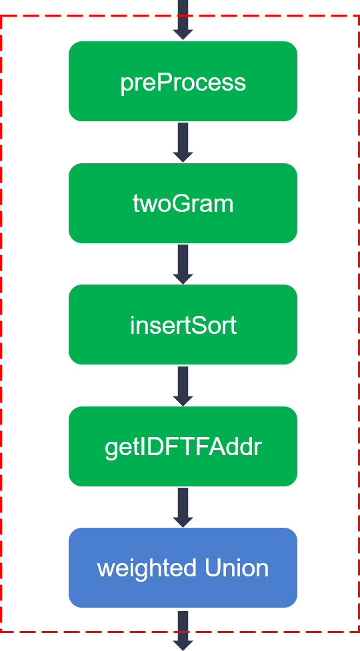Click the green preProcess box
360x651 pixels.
(183, 81)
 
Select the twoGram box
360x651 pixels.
(183, 203)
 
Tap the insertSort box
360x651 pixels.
(183, 325)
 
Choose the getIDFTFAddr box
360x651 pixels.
(183, 446)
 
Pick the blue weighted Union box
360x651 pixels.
(183, 568)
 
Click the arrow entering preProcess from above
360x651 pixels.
(183, 20)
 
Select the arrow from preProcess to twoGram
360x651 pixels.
(183, 143)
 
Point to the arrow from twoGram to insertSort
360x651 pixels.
(183, 264)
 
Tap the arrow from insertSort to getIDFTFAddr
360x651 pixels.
(183, 386)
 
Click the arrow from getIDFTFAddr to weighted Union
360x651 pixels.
(183, 507)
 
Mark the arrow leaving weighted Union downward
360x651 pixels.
(183, 630)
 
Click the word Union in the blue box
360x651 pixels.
(237, 568)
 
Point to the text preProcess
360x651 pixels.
(183, 83)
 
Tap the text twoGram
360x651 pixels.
(183, 204)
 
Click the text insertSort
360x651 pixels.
(183, 325)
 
